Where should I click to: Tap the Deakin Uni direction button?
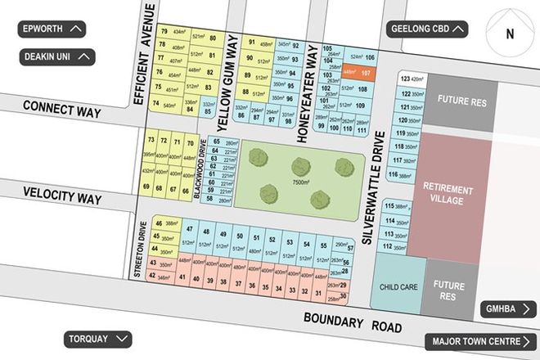(x=57, y=57)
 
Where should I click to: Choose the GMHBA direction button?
(x=507, y=308)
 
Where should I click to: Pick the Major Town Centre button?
(x=479, y=341)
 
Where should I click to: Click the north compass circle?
(x=509, y=34)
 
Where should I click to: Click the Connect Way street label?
(x=61, y=106)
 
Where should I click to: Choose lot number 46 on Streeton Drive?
(x=157, y=222)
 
